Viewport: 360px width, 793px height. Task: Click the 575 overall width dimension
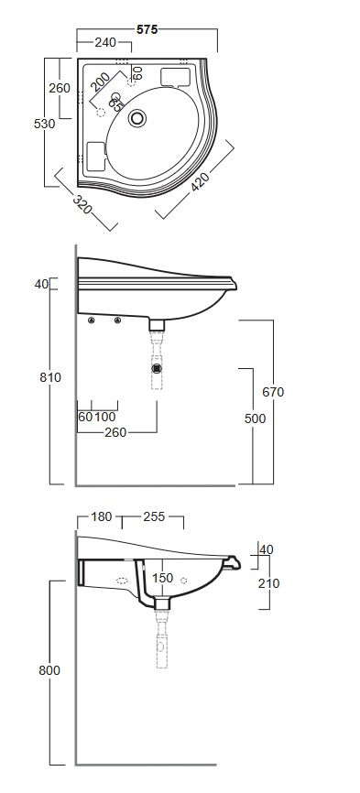pyautogui.click(x=147, y=30)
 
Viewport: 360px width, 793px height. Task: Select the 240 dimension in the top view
pyautogui.click(x=105, y=42)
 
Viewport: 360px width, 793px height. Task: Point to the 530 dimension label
pyautogui.click(x=45, y=124)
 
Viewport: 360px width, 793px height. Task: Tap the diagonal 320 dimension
pyautogui.click(x=82, y=203)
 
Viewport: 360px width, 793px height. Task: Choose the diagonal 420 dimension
pyautogui.click(x=201, y=180)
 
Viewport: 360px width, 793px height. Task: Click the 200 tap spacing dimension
pyautogui.click(x=101, y=82)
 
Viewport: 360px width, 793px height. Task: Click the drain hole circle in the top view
pyautogui.click(x=137, y=118)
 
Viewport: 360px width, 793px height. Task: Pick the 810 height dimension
pyautogui.click(x=50, y=377)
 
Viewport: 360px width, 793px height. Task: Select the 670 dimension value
pyautogui.click(x=273, y=392)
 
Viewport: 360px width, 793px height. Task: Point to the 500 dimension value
pyautogui.click(x=255, y=418)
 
